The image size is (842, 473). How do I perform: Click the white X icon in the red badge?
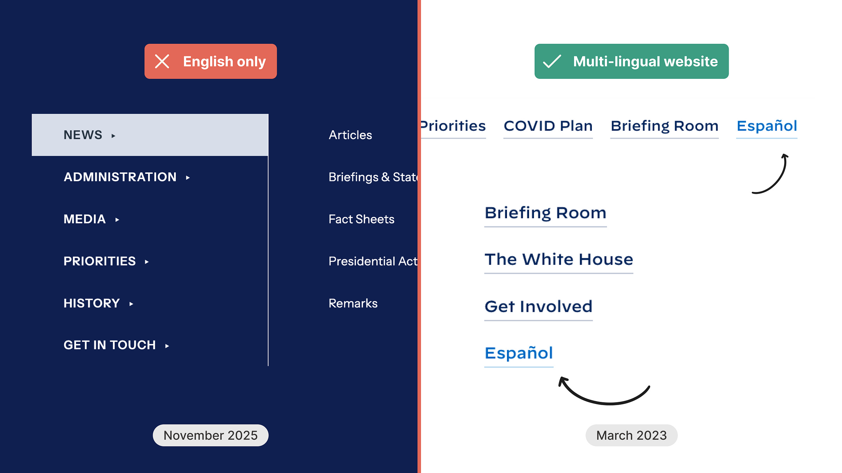[x=162, y=61]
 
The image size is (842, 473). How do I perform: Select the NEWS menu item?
[x=83, y=135]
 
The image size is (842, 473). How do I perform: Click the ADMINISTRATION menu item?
[x=120, y=177]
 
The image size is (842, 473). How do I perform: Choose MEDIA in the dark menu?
[x=85, y=219]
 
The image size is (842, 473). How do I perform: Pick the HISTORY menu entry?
[x=92, y=303]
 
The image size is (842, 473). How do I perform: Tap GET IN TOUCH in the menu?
[x=109, y=345]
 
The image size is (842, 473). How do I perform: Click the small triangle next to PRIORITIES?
[x=147, y=262]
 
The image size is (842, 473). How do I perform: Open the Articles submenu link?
[x=350, y=135]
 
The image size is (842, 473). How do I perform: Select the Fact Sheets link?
[x=361, y=219]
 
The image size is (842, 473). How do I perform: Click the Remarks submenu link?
[x=353, y=303]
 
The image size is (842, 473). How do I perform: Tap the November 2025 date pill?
[x=210, y=435]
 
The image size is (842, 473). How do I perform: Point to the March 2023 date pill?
[x=631, y=435]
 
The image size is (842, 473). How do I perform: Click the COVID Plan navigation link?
[x=548, y=126]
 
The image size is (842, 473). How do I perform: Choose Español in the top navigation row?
[x=767, y=126]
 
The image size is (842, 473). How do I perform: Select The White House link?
[x=559, y=259]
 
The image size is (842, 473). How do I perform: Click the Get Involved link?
[x=538, y=306]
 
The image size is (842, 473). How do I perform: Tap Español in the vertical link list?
[x=519, y=353]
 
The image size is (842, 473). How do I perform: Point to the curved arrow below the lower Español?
[x=605, y=396]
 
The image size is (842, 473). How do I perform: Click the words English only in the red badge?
[x=224, y=61]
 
